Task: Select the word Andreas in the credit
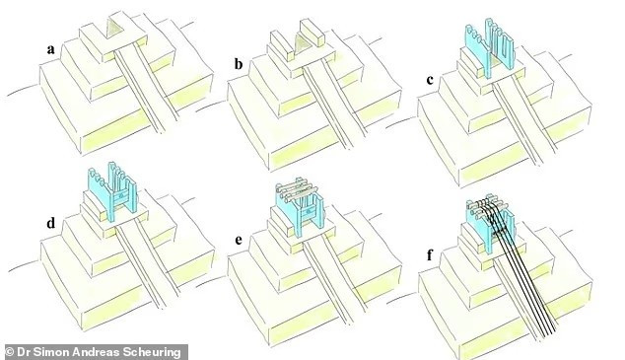point(109,350)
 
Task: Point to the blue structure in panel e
point(298,209)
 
